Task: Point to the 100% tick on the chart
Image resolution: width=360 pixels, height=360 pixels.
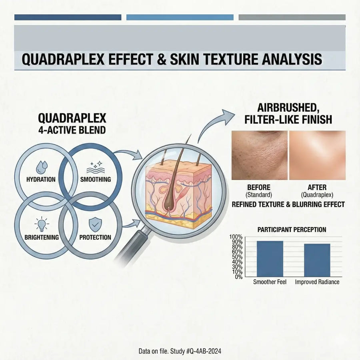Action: (236, 237)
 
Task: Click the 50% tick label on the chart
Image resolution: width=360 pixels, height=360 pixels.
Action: (236, 257)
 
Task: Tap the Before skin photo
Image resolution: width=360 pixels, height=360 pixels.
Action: (259, 155)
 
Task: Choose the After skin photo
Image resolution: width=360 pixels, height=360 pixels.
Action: (317, 155)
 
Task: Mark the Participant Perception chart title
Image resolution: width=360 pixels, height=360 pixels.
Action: (291, 230)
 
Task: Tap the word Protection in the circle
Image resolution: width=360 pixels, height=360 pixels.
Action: (95, 237)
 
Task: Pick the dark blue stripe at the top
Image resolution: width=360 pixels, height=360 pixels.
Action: (68, 17)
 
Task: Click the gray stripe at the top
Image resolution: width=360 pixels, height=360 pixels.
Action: (292, 17)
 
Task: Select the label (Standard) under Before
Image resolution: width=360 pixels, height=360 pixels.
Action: (259, 195)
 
